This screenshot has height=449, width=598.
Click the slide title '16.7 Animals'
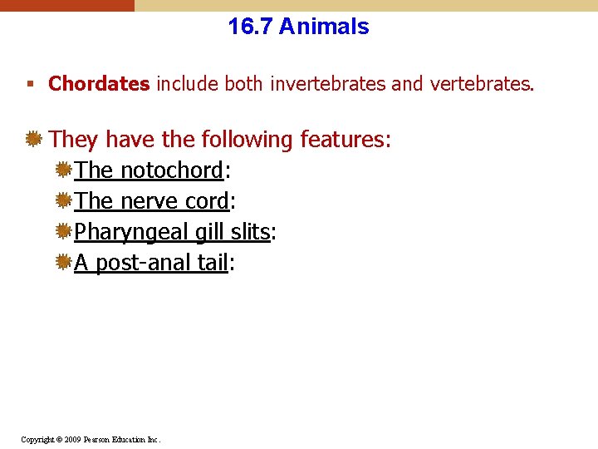tap(298, 27)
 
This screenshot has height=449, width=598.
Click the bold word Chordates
tap(100, 84)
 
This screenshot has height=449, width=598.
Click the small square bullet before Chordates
tap(30, 85)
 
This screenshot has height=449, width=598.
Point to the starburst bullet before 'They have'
tap(33, 139)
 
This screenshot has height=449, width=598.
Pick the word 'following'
tap(238, 140)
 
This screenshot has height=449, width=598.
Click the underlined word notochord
tap(172, 170)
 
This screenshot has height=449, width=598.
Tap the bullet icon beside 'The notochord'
tap(63, 170)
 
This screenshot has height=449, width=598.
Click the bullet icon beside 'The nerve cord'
tap(63, 201)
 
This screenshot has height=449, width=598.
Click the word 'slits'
tap(251, 232)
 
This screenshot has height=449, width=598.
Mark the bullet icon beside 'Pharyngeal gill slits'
tap(63, 232)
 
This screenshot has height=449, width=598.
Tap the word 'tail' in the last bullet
tap(213, 263)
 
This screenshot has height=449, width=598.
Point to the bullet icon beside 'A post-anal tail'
tap(63, 263)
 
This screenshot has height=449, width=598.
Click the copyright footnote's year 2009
tap(72, 439)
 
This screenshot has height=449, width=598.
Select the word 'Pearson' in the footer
tap(97, 439)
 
